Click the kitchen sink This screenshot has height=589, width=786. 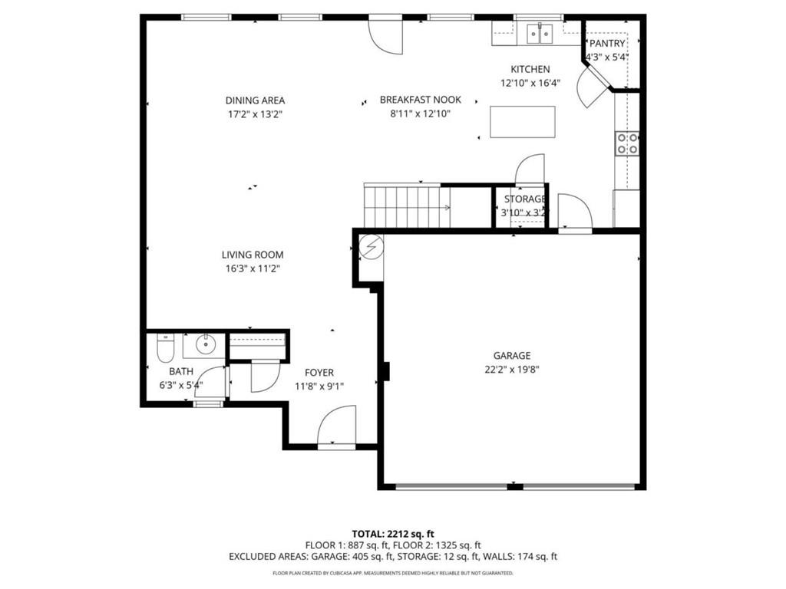pyautogui.click(x=539, y=33)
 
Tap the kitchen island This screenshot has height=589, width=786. pyautogui.click(x=522, y=122)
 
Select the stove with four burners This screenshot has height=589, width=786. pyautogui.click(x=627, y=143)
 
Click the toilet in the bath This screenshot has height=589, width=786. pyautogui.click(x=165, y=350)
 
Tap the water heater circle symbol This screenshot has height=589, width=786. pyautogui.click(x=370, y=245)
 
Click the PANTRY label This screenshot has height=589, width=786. pyautogui.click(x=607, y=44)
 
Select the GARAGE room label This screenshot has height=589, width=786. pyautogui.click(x=512, y=355)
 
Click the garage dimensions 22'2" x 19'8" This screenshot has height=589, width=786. pyautogui.click(x=512, y=369)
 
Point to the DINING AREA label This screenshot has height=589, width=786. pyautogui.click(x=255, y=100)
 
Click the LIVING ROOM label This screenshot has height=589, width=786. pyautogui.click(x=253, y=255)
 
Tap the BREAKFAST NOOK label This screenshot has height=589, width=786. pyautogui.click(x=421, y=100)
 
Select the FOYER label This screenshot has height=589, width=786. pyautogui.click(x=319, y=373)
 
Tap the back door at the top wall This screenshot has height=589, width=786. pyautogui.click(x=385, y=35)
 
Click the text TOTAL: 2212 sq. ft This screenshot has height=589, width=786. pyautogui.click(x=393, y=533)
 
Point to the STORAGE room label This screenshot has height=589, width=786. pyautogui.click(x=525, y=199)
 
